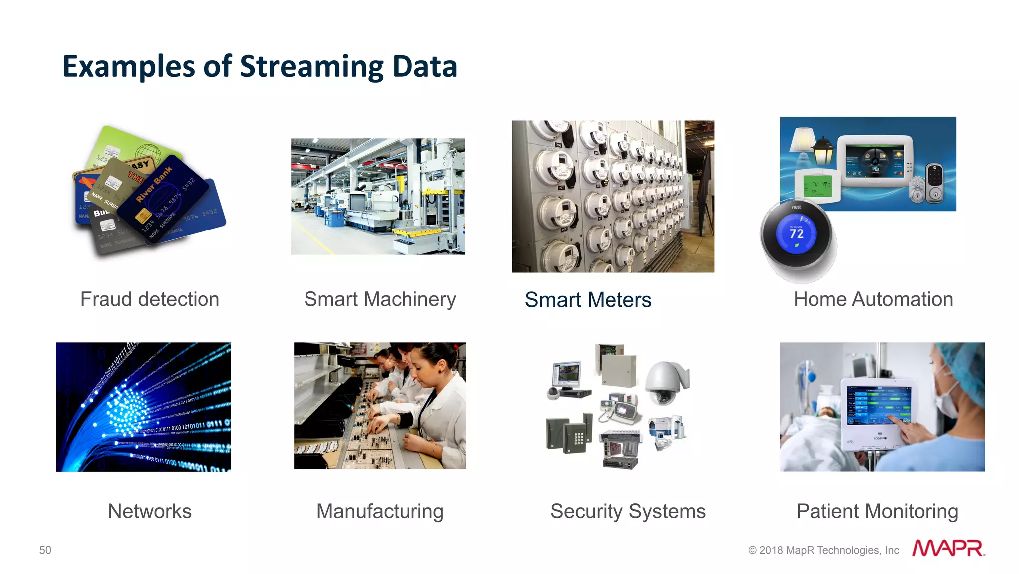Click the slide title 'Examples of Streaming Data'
pos(259,66)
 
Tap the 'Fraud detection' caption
pos(150,299)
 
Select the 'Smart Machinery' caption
pos(380,299)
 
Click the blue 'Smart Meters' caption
pos(588,300)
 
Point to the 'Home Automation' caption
pos(873,299)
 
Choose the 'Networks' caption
pos(150,511)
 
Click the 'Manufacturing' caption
pos(380,511)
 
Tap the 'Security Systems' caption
pos(628,511)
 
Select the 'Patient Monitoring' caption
pos(877,511)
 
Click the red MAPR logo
pos(948,548)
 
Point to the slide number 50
pos(45,550)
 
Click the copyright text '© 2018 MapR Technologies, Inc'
pos(823,550)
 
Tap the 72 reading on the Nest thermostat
pos(797,233)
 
